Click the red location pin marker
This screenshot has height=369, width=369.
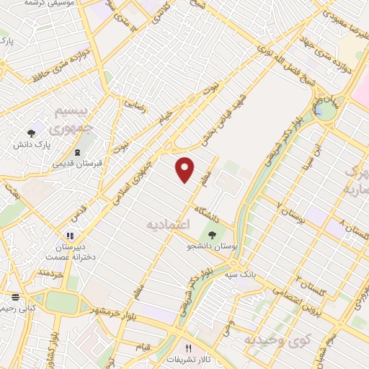(x=186, y=169)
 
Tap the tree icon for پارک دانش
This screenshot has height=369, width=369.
(x=31, y=133)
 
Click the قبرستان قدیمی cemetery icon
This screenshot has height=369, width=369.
(x=77, y=151)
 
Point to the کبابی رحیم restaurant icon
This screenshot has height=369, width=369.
(x=15, y=297)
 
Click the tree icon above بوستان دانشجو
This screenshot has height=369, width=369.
(x=213, y=234)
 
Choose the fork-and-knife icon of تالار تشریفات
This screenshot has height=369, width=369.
(x=189, y=347)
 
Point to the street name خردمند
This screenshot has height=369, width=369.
(x=51, y=275)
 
